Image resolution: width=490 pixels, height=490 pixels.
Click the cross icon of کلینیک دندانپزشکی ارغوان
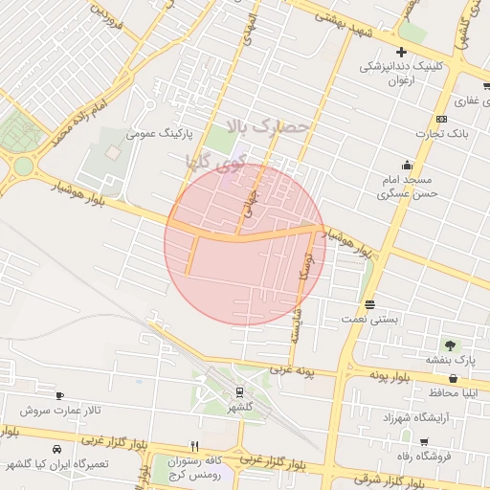point(401,52)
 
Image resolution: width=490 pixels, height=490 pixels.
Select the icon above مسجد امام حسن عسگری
point(408,164)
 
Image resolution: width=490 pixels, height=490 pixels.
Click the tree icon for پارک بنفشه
point(448,345)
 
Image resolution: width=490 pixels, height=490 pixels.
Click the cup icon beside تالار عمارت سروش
point(59,395)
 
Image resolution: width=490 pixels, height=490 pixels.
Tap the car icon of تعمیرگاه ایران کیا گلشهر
point(57,449)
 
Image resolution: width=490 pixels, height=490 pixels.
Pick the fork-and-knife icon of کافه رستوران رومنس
point(194,446)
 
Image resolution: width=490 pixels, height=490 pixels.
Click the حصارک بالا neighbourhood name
point(270,126)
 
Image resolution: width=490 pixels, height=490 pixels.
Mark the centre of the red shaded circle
point(244,244)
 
